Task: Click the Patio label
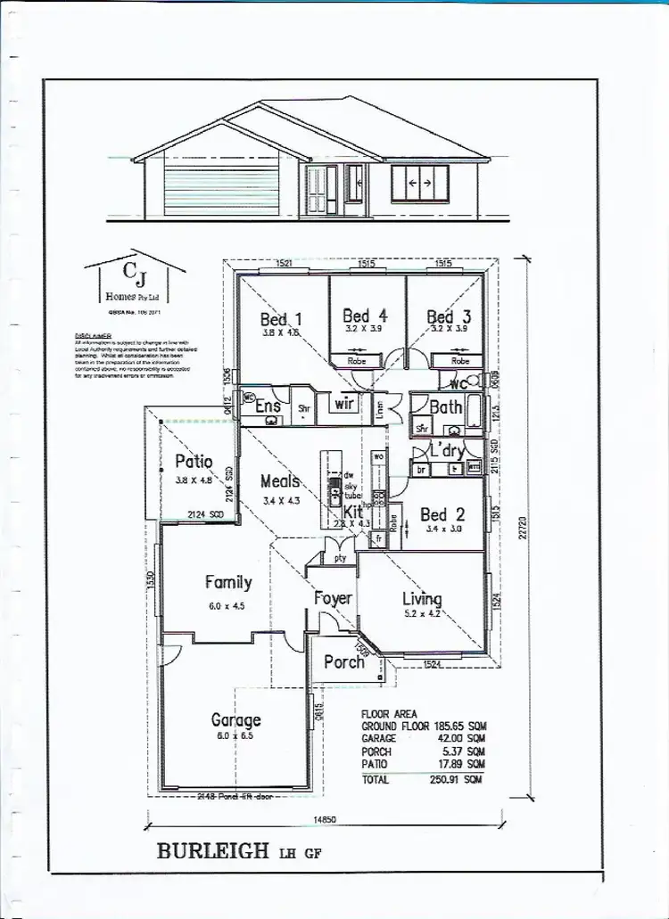point(194,462)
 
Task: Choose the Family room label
point(228,583)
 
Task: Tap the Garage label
point(235,719)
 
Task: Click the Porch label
point(344,661)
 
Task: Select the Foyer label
point(333,599)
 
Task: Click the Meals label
point(280,481)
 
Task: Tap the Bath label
point(446,407)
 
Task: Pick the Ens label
point(268,406)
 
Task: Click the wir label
point(343,405)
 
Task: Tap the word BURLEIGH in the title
point(212,850)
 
